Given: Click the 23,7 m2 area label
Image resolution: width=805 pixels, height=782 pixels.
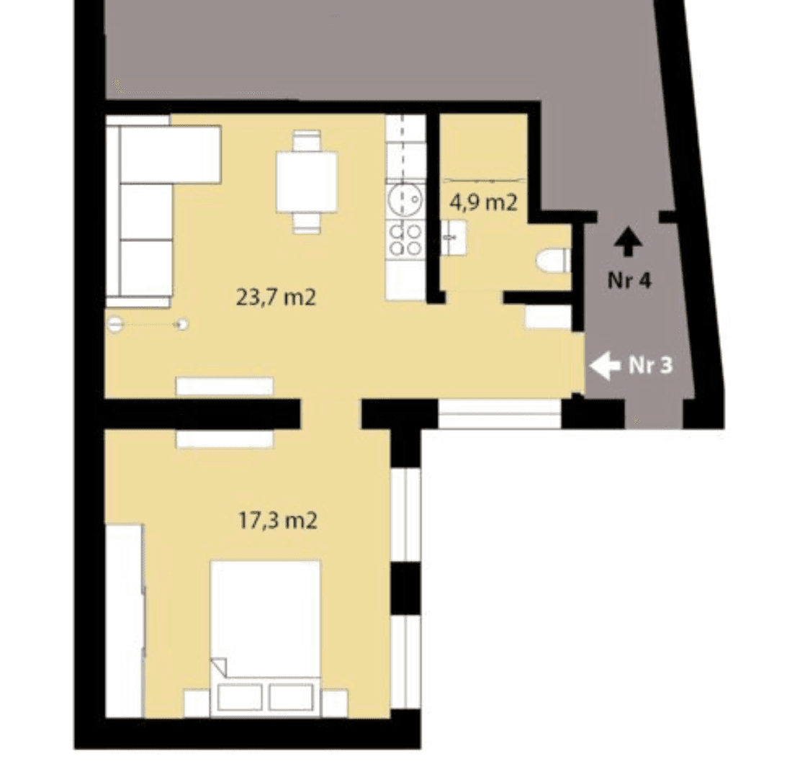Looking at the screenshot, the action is click(x=276, y=297).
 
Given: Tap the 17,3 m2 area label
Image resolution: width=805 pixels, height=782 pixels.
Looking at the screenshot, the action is click(x=278, y=521).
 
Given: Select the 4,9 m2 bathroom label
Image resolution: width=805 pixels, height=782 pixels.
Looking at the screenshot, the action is click(x=483, y=203).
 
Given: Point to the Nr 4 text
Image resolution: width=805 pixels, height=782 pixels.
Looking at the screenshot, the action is click(x=629, y=280).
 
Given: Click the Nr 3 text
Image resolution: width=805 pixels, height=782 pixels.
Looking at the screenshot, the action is click(x=650, y=365).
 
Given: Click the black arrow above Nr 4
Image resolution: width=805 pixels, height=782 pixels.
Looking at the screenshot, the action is click(x=628, y=243).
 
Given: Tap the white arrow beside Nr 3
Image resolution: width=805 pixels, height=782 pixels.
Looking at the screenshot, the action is click(x=606, y=366).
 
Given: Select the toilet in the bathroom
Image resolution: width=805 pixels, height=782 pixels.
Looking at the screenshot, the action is click(x=554, y=261).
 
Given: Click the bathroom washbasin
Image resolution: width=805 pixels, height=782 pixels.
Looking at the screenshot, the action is click(x=454, y=238).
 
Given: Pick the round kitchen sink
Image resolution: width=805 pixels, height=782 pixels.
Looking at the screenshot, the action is click(x=405, y=199).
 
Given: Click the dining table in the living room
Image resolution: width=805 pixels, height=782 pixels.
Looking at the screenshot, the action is click(x=307, y=181).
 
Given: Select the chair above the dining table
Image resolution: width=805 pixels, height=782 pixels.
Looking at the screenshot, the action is click(x=307, y=141).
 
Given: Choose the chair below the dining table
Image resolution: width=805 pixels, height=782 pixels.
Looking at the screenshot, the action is click(x=307, y=223).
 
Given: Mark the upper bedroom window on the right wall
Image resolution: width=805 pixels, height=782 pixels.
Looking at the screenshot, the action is click(x=405, y=514).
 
